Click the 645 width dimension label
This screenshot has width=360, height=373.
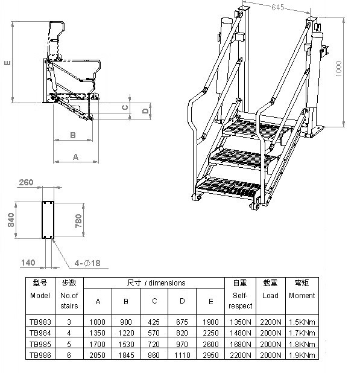click(278, 7)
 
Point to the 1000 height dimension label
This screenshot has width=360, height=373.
click(339, 69)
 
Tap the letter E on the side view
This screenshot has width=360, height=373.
click(7, 63)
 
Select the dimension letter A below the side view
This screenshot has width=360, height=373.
click(75, 157)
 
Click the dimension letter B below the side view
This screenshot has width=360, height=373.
click(73, 135)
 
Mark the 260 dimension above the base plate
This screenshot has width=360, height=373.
click(26, 182)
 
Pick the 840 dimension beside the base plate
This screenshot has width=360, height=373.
click(11, 220)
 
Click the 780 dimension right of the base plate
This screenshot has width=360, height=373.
click(78, 221)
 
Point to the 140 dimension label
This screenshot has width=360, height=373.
click(28, 263)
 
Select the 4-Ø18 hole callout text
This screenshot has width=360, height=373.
click(87, 263)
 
